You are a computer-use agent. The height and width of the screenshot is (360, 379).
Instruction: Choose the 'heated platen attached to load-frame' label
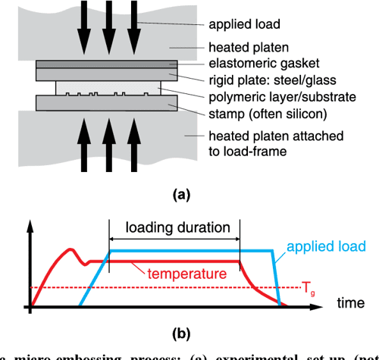coord(262,143)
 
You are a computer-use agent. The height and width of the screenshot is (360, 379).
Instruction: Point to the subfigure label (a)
coord(181,195)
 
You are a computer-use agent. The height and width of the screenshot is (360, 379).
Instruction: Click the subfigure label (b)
coord(181,332)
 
